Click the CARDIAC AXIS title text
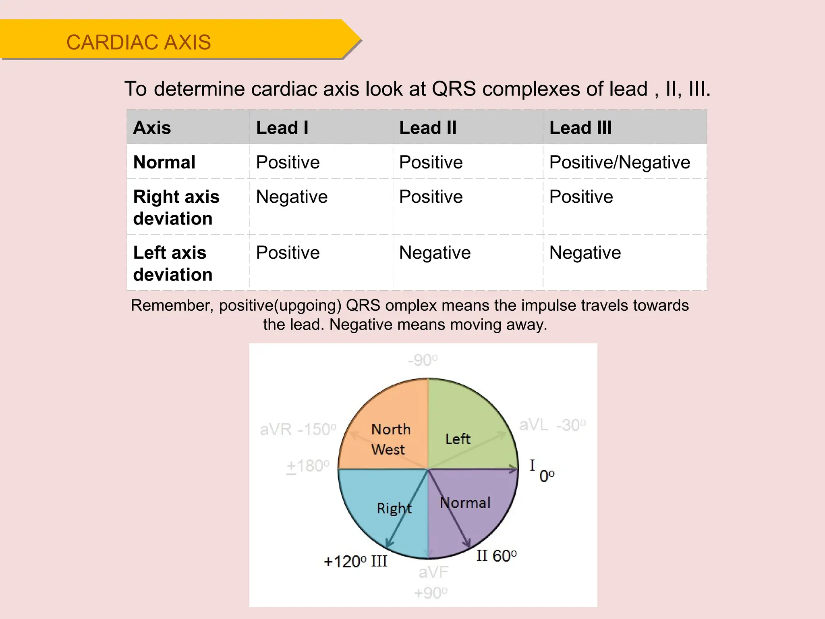click(x=138, y=42)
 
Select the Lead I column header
click(x=282, y=128)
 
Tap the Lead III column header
click(x=580, y=128)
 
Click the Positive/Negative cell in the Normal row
click(x=619, y=162)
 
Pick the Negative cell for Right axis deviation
click(x=292, y=197)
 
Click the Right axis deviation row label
click(x=176, y=208)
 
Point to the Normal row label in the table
click(x=164, y=162)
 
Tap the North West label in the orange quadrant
click(x=390, y=439)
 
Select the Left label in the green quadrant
click(x=458, y=439)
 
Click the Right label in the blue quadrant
click(x=394, y=508)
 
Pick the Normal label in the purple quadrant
click(x=465, y=503)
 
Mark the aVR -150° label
click(x=298, y=430)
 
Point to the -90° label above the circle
click(x=423, y=360)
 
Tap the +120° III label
click(x=355, y=561)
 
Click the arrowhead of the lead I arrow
click(x=514, y=469)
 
